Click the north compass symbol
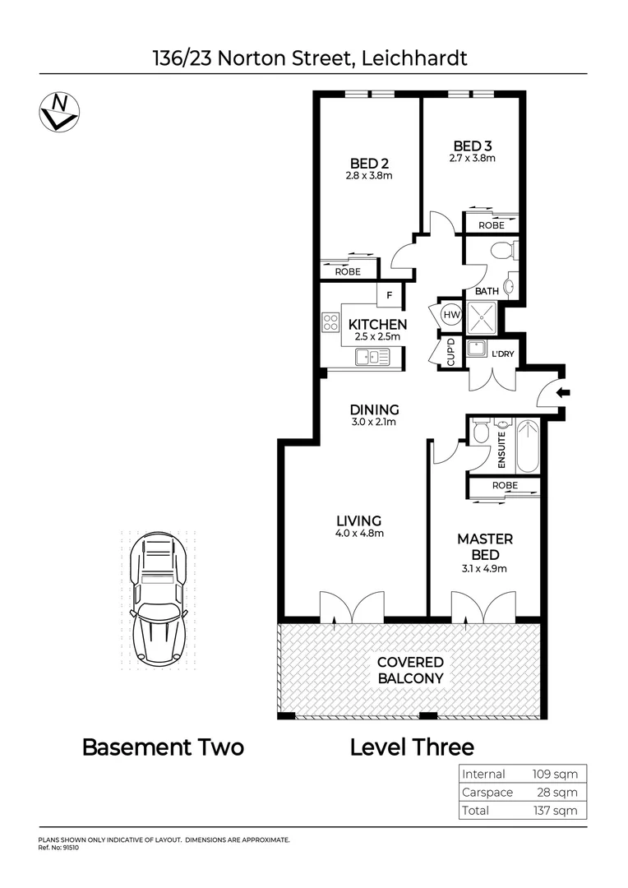[x=58, y=111]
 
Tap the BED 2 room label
[x=362, y=163]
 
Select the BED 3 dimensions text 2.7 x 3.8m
[x=472, y=158]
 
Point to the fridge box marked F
[x=389, y=294]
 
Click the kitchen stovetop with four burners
[x=331, y=321]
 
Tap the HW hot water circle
[x=451, y=313]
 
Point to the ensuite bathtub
[x=527, y=446]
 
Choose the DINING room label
[x=374, y=409]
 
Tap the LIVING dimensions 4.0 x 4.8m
[x=359, y=533]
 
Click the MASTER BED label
[x=484, y=546]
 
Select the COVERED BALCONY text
[x=410, y=670]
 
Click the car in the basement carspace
[x=159, y=598]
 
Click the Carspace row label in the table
[x=487, y=792]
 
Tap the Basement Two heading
[x=163, y=747]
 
